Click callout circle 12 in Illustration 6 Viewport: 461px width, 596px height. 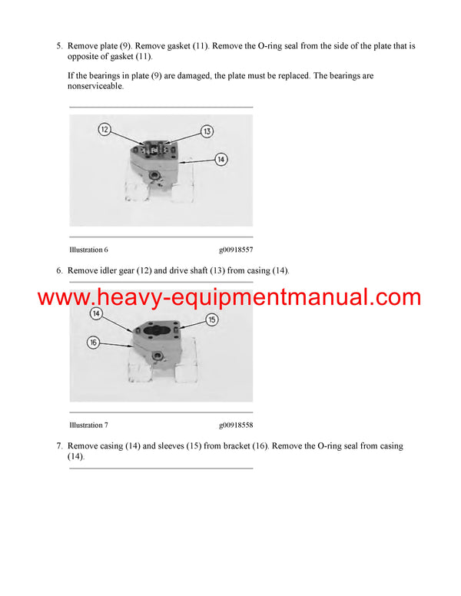(104, 130)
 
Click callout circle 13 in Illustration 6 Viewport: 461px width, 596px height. (207, 131)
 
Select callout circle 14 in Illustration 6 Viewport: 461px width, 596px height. (221, 160)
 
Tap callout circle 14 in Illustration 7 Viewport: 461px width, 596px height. (95, 313)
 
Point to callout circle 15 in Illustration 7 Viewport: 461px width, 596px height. (211, 319)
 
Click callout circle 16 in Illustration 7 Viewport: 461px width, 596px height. (93, 343)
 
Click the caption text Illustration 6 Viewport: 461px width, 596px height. (88, 250)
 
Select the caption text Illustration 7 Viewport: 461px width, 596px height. (88, 425)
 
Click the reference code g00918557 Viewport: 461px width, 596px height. (235, 250)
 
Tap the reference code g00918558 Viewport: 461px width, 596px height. (235, 425)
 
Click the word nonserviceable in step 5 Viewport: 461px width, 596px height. (95, 87)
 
